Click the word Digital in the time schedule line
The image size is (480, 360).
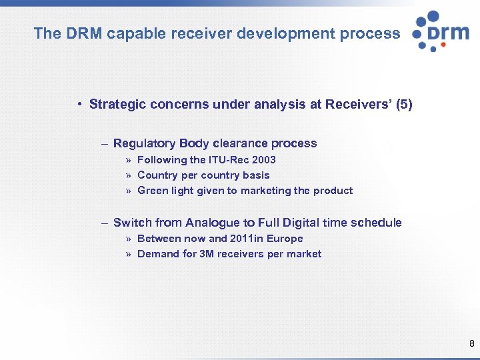(299, 223)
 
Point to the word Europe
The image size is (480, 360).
(286, 239)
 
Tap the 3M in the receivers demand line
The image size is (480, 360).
(207, 254)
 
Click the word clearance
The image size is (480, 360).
(239, 143)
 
